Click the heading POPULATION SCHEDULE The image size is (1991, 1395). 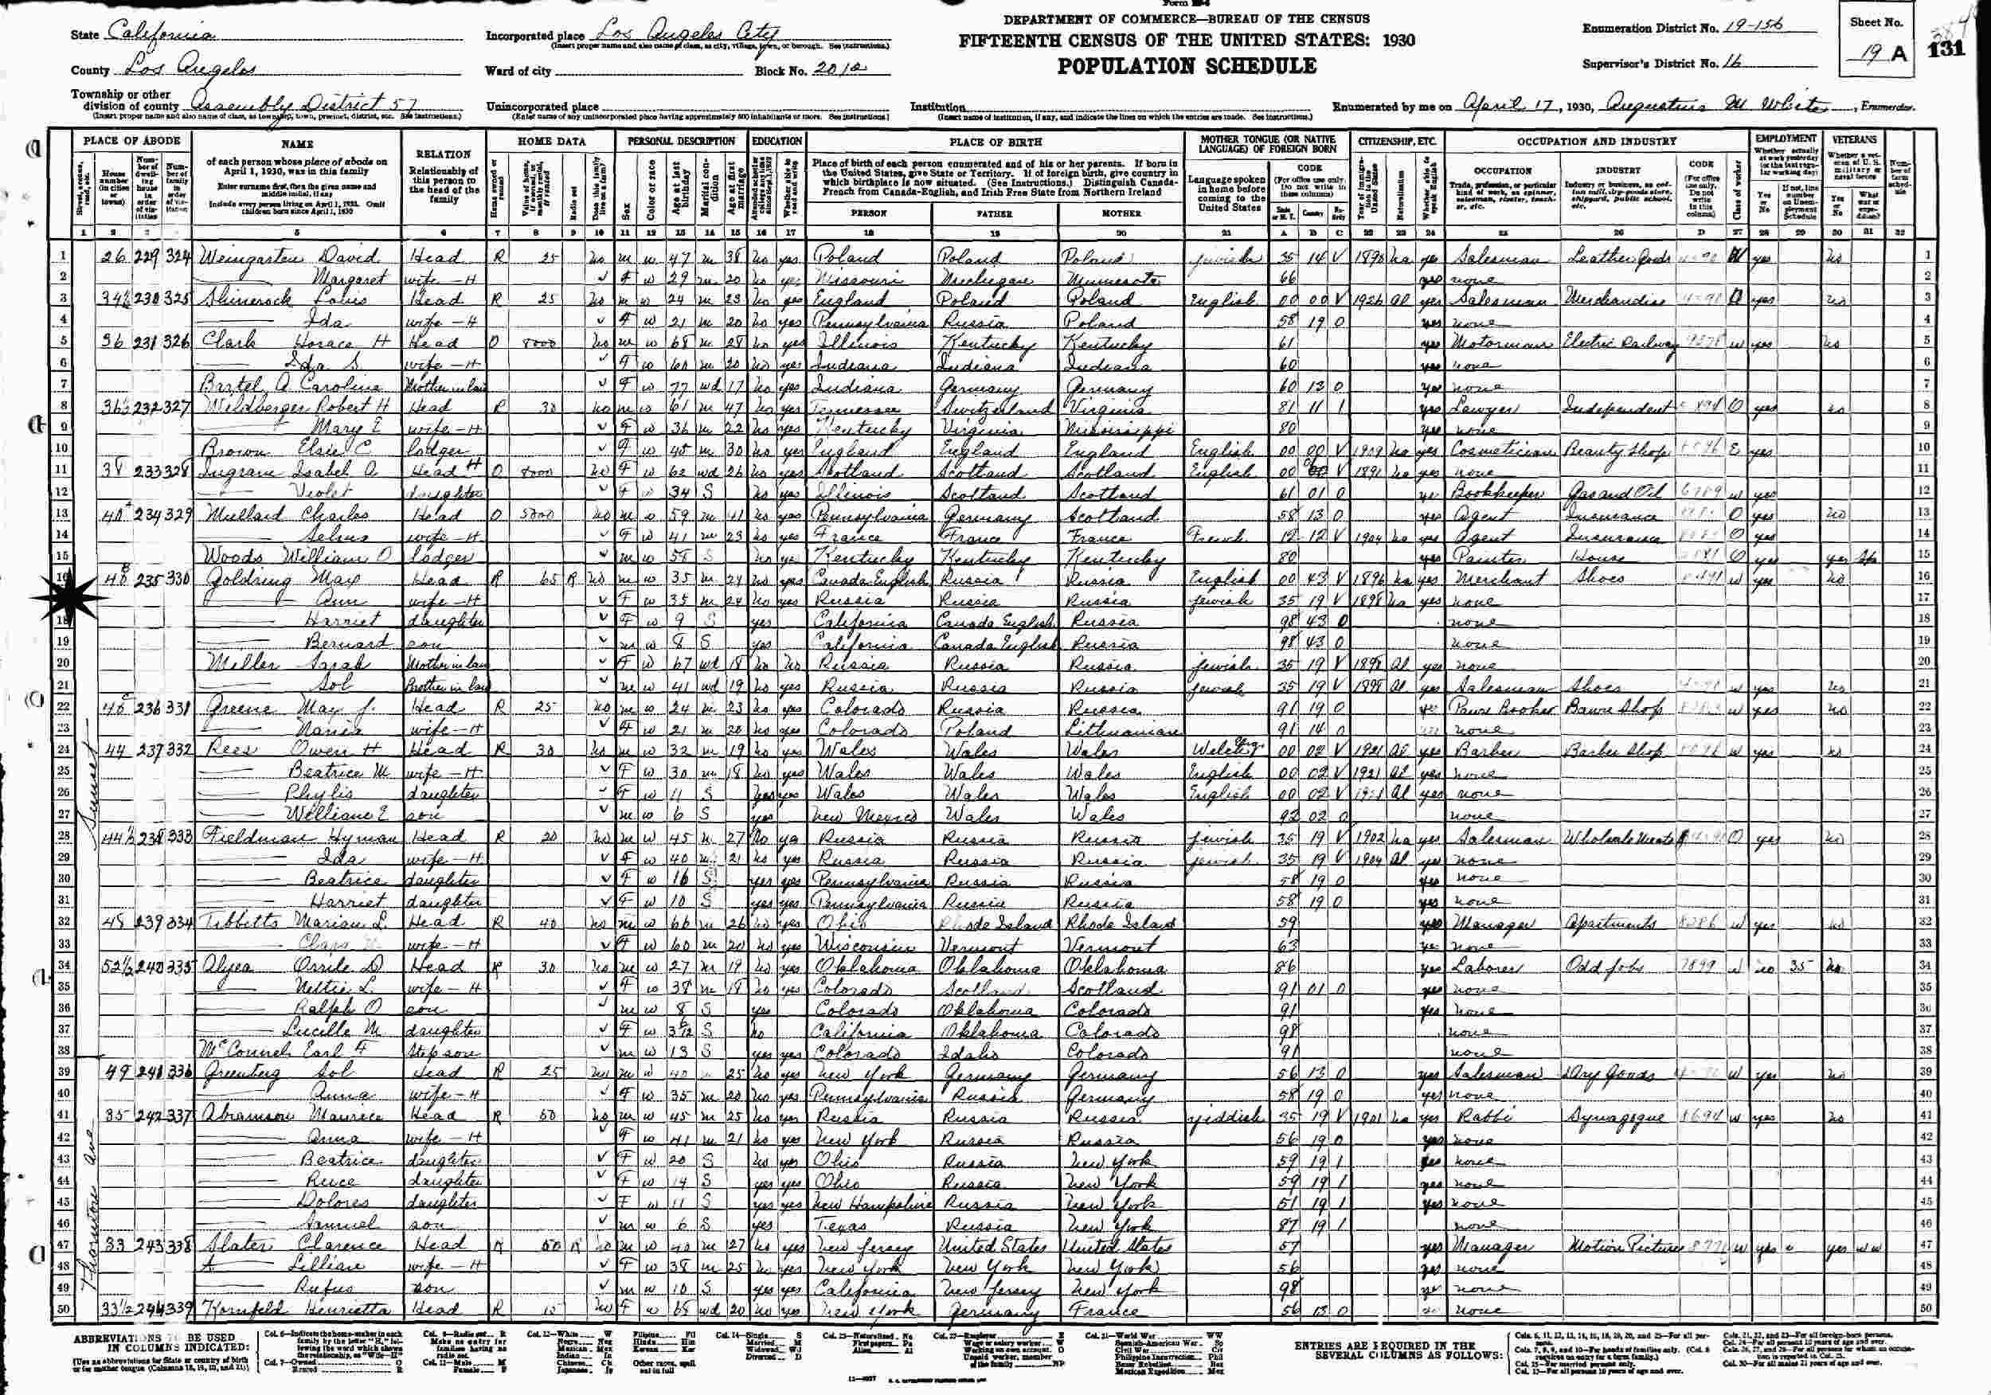(x=1187, y=66)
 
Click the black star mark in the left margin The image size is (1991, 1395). (x=65, y=598)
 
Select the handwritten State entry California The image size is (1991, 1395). (x=163, y=36)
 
